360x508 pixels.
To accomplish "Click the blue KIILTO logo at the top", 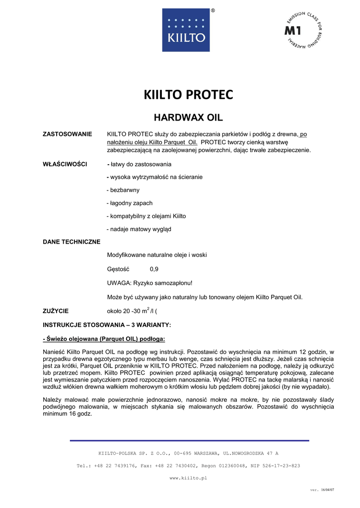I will coord(186,30).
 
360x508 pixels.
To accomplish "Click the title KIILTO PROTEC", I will coord(188,94).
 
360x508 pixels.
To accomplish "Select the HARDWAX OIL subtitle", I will coord(188,118).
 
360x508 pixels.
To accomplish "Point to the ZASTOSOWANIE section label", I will coord(68,134).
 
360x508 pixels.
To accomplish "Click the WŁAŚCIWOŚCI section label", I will coord(66,164).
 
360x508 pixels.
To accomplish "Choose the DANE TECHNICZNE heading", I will coord(72,242).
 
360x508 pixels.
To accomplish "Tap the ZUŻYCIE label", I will coord(56,311).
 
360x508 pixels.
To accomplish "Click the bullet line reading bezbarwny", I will coord(123,190).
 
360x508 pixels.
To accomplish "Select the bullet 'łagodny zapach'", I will coord(130,203).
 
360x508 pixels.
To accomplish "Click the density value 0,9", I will coord(154,269).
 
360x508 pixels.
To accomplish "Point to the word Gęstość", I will coord(118,269).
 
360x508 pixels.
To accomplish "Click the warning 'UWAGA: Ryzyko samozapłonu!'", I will coord(149,283).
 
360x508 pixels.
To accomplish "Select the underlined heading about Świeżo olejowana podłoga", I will coord(104,339).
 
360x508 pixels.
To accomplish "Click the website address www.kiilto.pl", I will coord(188,478).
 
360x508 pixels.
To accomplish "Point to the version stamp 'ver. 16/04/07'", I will coord(322,490).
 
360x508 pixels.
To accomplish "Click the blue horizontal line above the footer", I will coord(189,441).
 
